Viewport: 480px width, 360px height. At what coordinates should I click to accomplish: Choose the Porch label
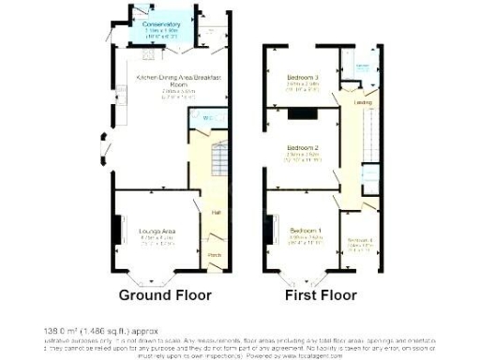pyautogui.click(x=214, y=255)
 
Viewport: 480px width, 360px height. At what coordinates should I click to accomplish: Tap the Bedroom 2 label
pyautogui.click(x=303, y=148)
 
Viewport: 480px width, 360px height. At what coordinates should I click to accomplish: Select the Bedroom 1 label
pyautogui.click(x=305, y=231)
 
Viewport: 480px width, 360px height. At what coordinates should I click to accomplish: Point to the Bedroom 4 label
pyautogui.click(x=360, y=241)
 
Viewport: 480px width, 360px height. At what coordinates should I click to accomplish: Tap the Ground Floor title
pyautogui.click(x=164, y=295)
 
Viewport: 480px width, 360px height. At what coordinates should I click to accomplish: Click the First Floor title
pyautogui.click(x=322, y=295)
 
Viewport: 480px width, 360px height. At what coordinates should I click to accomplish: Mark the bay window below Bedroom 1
pyautogui.click(x=304, y=277)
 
